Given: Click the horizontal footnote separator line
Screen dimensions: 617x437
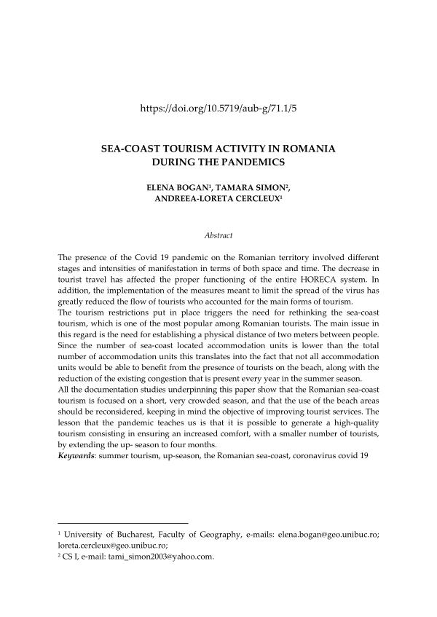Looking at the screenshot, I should [122, 522].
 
